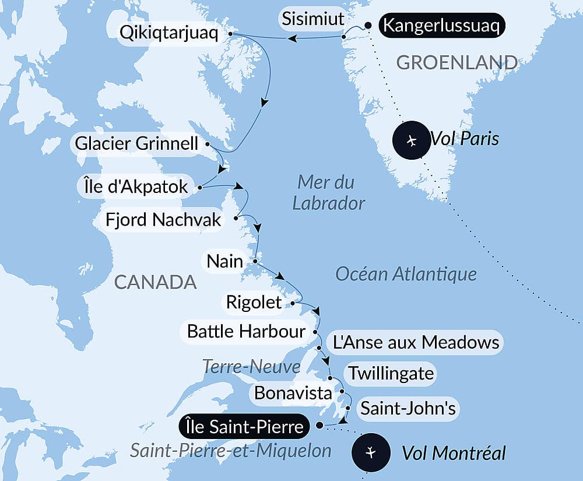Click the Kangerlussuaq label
tap(441, 27)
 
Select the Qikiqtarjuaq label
tap(168, 33)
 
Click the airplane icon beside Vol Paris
tap(413, 141)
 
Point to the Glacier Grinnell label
tap(137, 143)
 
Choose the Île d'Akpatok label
tap(134, 187)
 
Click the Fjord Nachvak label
tap(164, 220)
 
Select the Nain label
tap(225, 261)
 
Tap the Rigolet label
tap(254, 302)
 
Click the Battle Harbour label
tap(246, 331)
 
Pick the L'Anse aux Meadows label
tap(416, 342)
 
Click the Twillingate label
tap(391, 373)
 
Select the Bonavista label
tap(293, 392)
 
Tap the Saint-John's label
tap(408, 408)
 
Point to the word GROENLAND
tap(457, 62)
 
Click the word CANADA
tap(155, 282)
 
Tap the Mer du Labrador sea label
tap(328, 192)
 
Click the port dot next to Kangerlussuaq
tap(368, 25)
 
